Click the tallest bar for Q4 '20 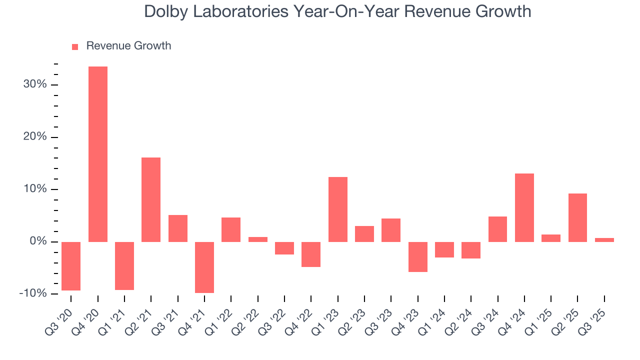pyautogui.click(x=98, y=154)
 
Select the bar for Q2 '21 pyautogui.click(x=151, y=199)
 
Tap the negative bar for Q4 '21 pyautogui.click(x=204, y=267)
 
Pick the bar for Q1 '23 pyautogui.click(x=338, y=209)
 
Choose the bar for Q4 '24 pyautogui.click(x=524, y=207)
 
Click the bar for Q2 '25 pyautogui.click(x=577, y=217)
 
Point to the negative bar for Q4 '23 pyautogui.click(x=417, y=256)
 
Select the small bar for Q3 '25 pyautogui.click(x=604, y=239)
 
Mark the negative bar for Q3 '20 pyautogui.click(x=71, y=266)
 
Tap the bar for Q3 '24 pyautogui.click(x=497, y=229)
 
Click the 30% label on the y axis pyautogui.click(x=35, y=84)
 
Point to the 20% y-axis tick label pyautogui.click(x=35, y=137)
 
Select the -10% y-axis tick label pyautogui.click(x=33, y=293)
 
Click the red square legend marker pyautogui.click(x=75, y=46)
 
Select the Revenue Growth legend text pyautogui.click(x=128, y=46)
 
